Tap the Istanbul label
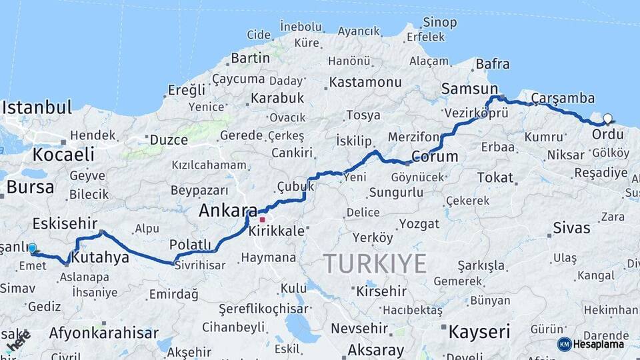coord(37,107)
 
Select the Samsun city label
coord(469,89)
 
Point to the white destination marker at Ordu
coord(607,119)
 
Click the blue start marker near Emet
coord(32,249)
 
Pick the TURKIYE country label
coord(375,263)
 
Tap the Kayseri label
coord(479,331)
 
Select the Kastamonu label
coord(363,83)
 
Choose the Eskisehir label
coord(65,223)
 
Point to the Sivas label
coord(571,228)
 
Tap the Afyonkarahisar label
coord(104,333)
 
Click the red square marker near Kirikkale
coord(263,219)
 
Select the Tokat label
coord(495,177)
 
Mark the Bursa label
coord(30,187)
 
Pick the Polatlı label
coord(190,245)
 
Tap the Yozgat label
coord(418,223)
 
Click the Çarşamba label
coord(563,98)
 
